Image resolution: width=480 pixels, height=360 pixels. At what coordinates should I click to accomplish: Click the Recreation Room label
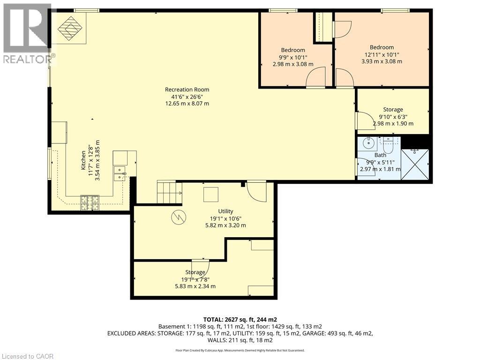[x=187, y=90]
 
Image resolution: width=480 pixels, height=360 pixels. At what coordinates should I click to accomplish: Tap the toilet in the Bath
[x=388, y=146]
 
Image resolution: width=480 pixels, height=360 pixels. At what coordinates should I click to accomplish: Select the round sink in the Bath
[x=368, y=142]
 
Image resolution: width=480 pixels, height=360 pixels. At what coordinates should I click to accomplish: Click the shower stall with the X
[x=415, y=165]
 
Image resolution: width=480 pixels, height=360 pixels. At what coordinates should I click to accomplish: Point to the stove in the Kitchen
[x=90, y=202]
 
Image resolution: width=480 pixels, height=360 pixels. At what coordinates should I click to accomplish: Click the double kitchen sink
[x=120, y=173]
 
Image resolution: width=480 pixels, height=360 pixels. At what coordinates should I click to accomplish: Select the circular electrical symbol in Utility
[x=179, y=217]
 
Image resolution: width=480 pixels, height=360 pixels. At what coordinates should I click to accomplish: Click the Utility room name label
[x=225, y=211]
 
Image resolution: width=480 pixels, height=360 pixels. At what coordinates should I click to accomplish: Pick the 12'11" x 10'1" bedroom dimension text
[x=382, y=54]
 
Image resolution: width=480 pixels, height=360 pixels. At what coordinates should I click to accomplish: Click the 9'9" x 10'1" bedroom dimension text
[x=293, y=57]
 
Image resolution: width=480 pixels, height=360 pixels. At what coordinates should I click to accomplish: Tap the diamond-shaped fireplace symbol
[x=70, y=29]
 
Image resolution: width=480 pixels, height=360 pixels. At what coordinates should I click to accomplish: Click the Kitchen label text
[x=83, y=160]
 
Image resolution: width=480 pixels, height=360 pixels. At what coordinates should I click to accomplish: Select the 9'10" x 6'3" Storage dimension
[x=393, y=117]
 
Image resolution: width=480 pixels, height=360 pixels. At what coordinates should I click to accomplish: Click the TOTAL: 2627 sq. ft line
[x=240, y=319]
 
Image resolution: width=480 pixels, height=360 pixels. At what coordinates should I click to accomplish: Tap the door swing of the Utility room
[x=257, y=192]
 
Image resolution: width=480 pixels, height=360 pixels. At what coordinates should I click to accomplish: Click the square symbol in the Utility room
[x=211, y=195]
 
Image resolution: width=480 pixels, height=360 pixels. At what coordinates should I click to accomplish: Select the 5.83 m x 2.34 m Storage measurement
[x=195, y=286]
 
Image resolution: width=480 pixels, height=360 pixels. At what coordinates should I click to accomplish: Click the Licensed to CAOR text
[x=27, y=356]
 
